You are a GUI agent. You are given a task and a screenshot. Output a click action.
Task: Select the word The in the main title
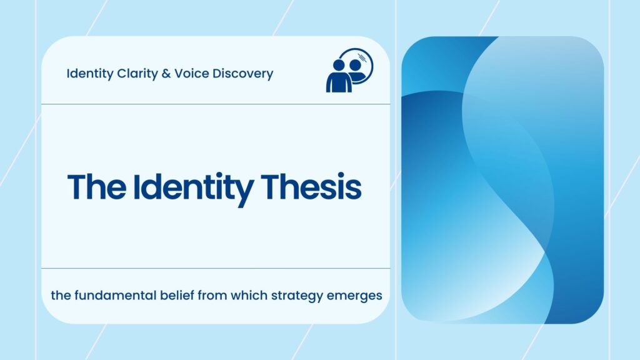click(x=94, y=187)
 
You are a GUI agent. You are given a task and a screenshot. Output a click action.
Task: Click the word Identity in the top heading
click(x=89, y=74)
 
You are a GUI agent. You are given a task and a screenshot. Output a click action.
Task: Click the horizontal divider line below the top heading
click(x=216, y=104)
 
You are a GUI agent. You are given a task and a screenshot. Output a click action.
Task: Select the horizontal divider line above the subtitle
click(x=216, y=269)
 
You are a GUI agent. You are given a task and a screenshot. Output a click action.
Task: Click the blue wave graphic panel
click(x=502, y=180)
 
